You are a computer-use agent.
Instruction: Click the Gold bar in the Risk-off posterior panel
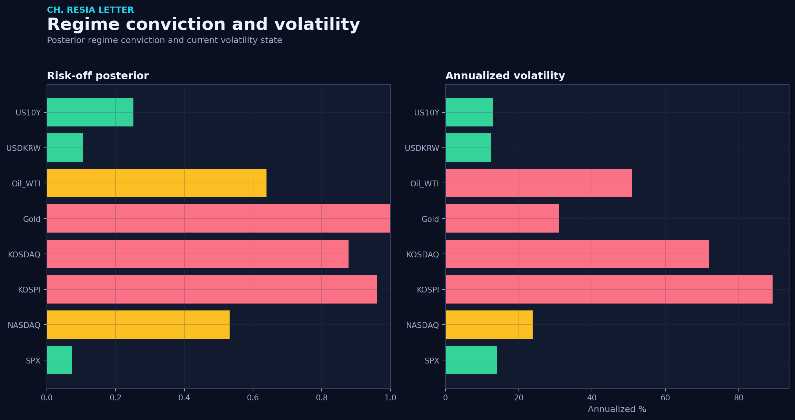(x=219, y=218)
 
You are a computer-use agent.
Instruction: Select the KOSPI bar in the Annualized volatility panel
(x=609, y=289)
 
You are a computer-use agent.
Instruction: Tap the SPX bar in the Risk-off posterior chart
(x=60, y=360)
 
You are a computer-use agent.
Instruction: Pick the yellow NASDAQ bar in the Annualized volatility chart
(x=489, y=325)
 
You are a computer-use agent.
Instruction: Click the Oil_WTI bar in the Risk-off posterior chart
(x=157, y=183)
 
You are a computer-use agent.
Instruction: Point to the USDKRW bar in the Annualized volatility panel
(x=468, y=147)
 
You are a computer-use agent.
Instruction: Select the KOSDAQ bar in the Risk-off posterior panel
(x=198, y=254)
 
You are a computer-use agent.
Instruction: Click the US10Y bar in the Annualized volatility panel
(x=469, y=112)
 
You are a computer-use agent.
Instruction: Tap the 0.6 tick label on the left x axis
(x=253, y=398)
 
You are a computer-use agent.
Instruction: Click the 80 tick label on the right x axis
(x=738, y=398)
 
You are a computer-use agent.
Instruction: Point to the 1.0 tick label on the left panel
(x=390, y=398)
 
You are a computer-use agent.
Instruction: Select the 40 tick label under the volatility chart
(x=592, y=398)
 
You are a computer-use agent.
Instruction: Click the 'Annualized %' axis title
(x=617, y=409)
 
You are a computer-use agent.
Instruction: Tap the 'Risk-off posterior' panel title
(x=98, y=76)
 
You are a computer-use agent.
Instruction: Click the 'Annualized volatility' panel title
(x=505, y=76)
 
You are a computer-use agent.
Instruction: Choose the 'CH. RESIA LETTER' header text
(x=90, y=10)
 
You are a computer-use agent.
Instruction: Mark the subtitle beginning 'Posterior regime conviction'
(x=164, y=40)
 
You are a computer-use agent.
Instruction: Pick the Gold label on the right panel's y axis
(x=430, y=219)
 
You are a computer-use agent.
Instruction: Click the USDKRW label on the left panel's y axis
(x=23, y=148)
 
